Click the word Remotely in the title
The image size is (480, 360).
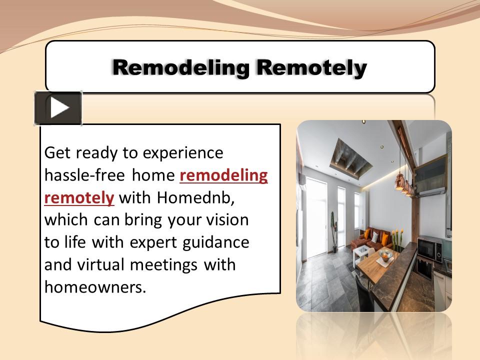309,67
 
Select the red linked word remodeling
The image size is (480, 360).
223,175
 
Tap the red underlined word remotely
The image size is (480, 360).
79,197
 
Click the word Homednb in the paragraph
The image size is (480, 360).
192,197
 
